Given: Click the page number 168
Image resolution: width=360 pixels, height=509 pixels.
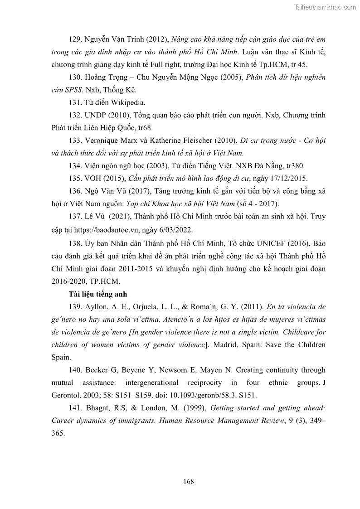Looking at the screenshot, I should click(x=189, y=481).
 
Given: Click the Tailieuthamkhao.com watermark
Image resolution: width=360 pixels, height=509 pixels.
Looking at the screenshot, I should click(x=326, y=7).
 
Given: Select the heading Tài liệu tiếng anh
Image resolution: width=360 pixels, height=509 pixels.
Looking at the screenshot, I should click(x=95, y=294).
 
